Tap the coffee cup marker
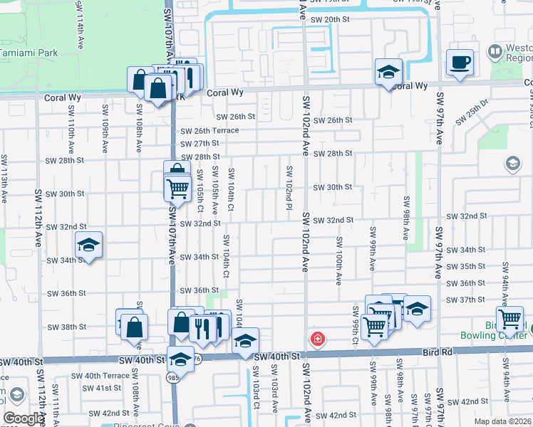[x=460, y=63]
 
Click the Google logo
[x=24, y=418]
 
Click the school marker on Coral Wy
[x=388, y=72]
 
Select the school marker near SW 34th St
[x=89, y=245]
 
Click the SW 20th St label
[x=335, y=19]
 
